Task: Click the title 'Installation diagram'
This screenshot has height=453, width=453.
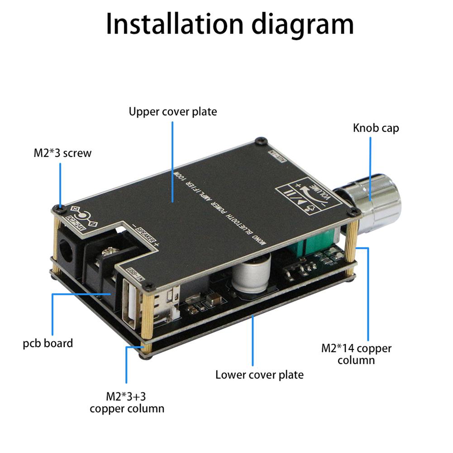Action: click(x=229, y=24)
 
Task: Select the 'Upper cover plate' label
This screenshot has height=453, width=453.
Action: click(x=172, y=111)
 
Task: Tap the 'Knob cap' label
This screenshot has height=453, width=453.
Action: click(x=376, y=128)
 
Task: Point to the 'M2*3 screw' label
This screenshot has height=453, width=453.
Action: click(x=62, y=153)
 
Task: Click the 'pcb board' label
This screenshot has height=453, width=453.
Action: click(x=48, y=343)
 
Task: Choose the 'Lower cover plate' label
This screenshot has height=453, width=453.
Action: click(x=259, y=374)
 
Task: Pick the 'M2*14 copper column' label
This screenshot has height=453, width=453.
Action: click(x=356, y=354)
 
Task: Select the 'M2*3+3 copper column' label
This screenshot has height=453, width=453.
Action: click(x=127, y=402)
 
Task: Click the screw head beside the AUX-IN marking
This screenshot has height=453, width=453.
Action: click(x=259, y=141)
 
